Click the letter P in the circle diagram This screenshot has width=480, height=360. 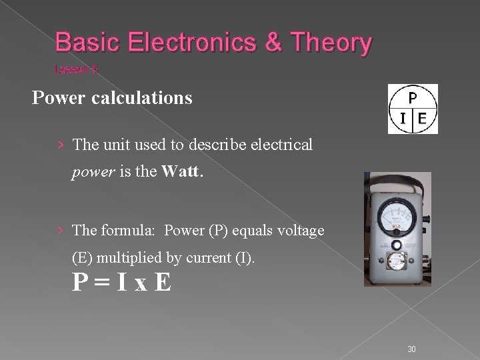[413, 97]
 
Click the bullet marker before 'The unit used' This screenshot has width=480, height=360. [61, 145]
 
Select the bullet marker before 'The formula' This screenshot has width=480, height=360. [61, 230]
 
